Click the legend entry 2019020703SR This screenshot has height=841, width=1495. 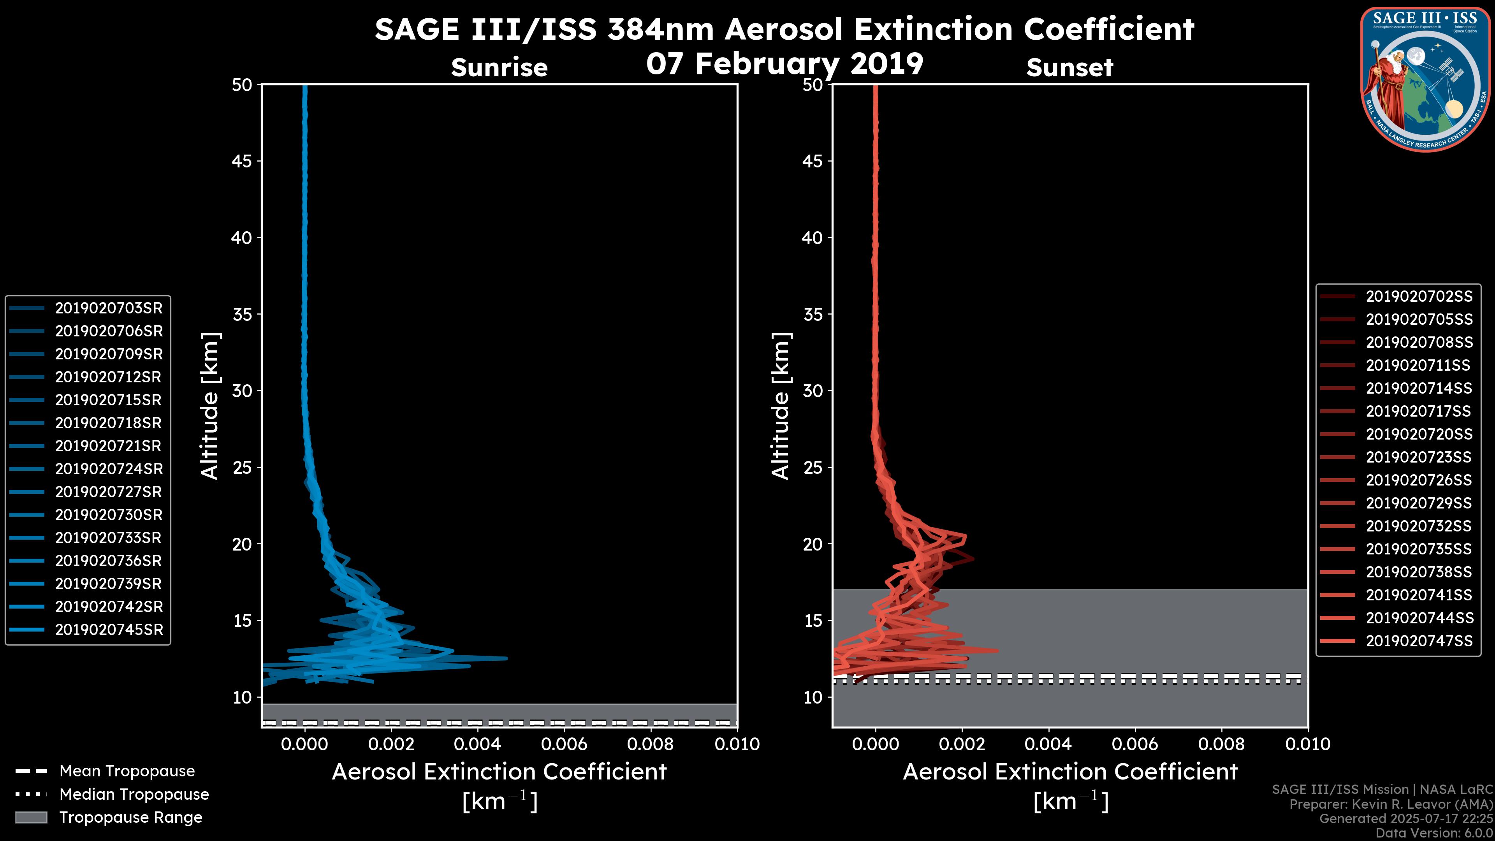coord(109,308)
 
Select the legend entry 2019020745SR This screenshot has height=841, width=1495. coord(109,630)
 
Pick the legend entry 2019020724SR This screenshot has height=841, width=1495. coord(109,469)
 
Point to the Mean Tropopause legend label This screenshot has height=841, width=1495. coord(127,771)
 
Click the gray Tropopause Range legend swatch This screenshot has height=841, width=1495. coord(31,817)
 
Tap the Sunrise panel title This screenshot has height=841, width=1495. coord(499,68)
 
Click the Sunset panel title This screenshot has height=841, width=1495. coord(1069,68)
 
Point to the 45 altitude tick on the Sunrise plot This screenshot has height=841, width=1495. coord(241,161)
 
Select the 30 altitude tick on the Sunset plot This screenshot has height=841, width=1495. coord(813,391)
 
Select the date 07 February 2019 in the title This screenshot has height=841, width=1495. coord(784,64)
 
